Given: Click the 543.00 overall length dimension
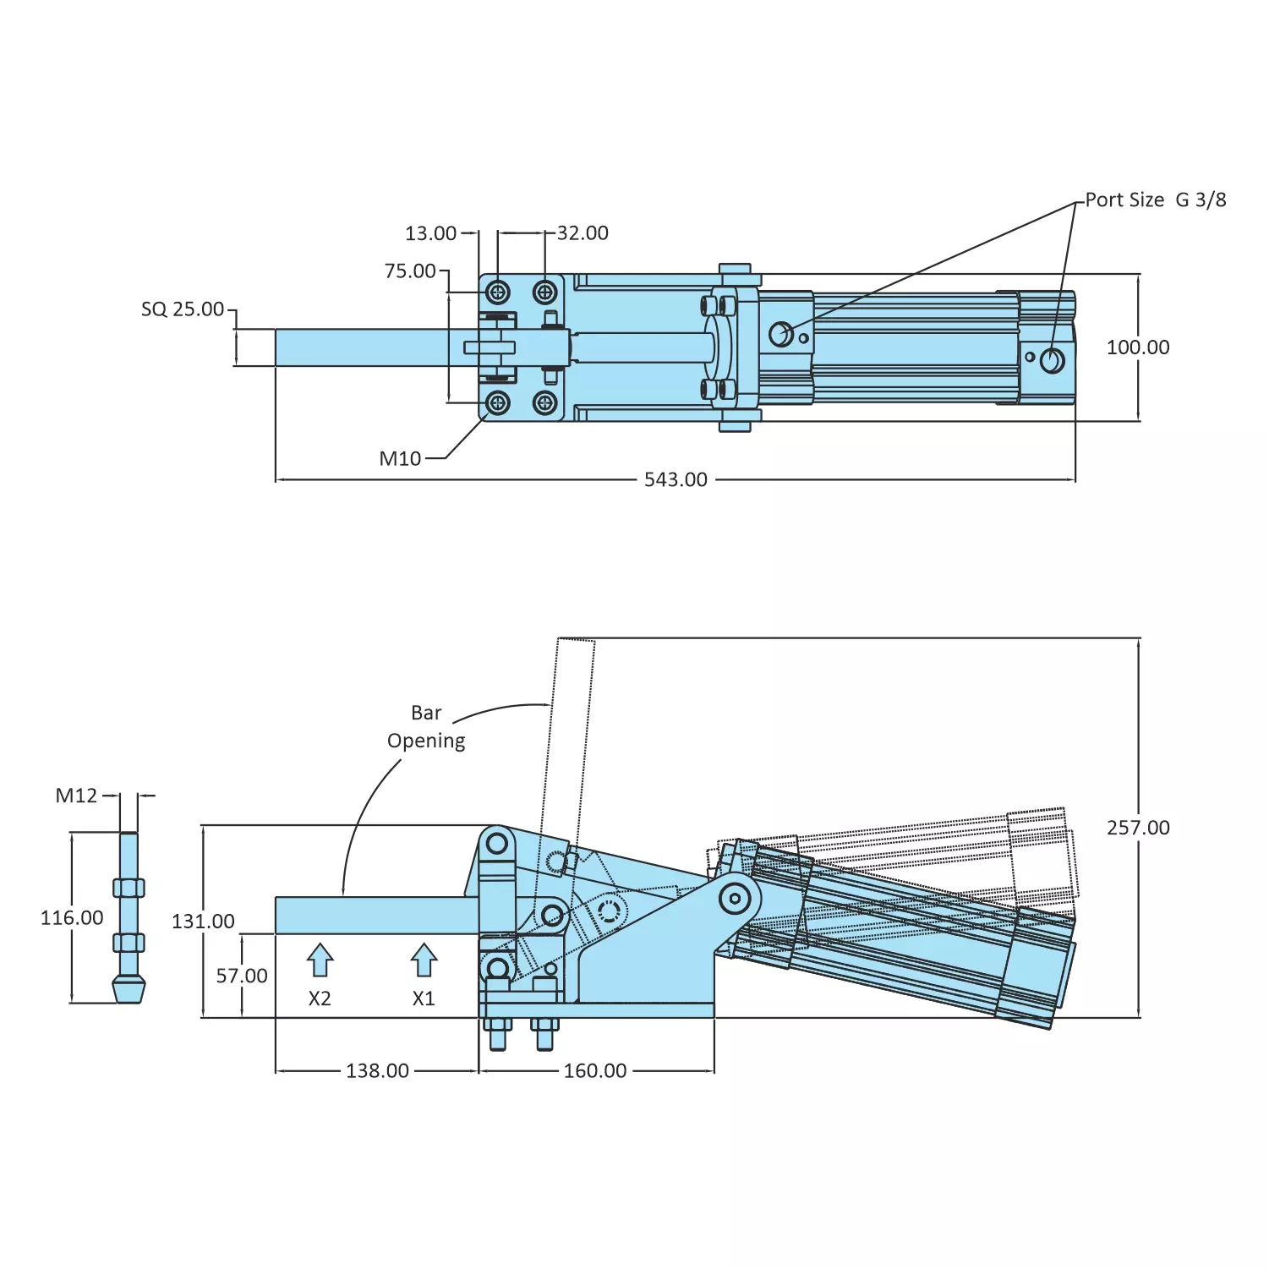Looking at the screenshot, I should (676, 480).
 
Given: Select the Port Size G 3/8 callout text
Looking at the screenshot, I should (1155, 200).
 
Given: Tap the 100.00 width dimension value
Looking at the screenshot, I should (1138, 347).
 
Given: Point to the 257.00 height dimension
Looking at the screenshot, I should (1138, 828).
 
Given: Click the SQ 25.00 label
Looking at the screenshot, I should (183, 309).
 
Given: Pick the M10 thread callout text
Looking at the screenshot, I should (400, 459).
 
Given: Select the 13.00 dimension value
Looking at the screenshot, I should (430, 233).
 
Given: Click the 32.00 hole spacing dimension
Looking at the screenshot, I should (583, 233).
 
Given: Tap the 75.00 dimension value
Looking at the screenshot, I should (410, 271).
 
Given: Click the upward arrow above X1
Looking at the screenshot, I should (424, 960).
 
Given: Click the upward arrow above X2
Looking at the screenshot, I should (320, 960).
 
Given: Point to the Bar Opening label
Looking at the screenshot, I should (426, 727).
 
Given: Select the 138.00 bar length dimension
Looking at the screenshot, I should (377, 1071).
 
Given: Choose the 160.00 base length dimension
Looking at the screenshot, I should (595, 1071).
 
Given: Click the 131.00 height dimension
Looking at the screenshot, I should (203, 922).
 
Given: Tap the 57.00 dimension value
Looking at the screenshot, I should (242, 976).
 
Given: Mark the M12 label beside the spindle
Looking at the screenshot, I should (76, 796).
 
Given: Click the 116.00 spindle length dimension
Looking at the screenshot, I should (72, 918).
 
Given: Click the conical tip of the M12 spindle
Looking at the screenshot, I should (129, 989).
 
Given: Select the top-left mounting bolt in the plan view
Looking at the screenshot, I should (498, 293).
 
